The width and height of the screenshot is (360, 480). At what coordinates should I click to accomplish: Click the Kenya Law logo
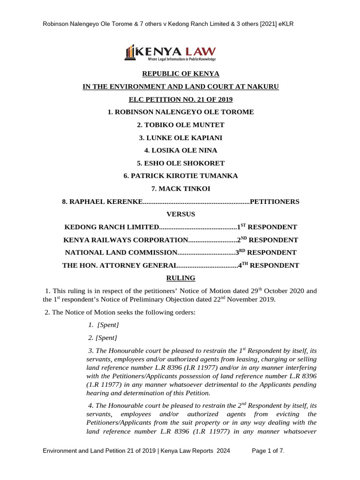pos(170,53)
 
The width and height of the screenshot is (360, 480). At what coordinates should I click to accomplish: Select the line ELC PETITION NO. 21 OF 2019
pos(180,99)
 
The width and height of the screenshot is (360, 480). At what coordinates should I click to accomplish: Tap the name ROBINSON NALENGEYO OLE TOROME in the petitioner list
pos(183,112)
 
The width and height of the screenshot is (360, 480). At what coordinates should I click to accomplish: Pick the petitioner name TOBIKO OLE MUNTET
pos(180,125)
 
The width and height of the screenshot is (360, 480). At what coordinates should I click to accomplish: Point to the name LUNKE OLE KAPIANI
pos(180,138)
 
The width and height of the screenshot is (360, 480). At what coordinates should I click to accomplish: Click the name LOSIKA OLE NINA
pos(180,150)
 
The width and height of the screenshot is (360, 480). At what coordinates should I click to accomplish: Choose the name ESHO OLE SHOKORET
pos(180,163)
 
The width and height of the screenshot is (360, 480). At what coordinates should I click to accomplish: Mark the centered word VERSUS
pos(180,214)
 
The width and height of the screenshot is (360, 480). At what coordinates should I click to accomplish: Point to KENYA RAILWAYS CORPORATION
pos(126,240)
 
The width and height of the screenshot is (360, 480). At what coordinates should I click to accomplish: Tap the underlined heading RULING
pos(180,278)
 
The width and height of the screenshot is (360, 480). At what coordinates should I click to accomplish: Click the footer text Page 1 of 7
pos(268,451)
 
